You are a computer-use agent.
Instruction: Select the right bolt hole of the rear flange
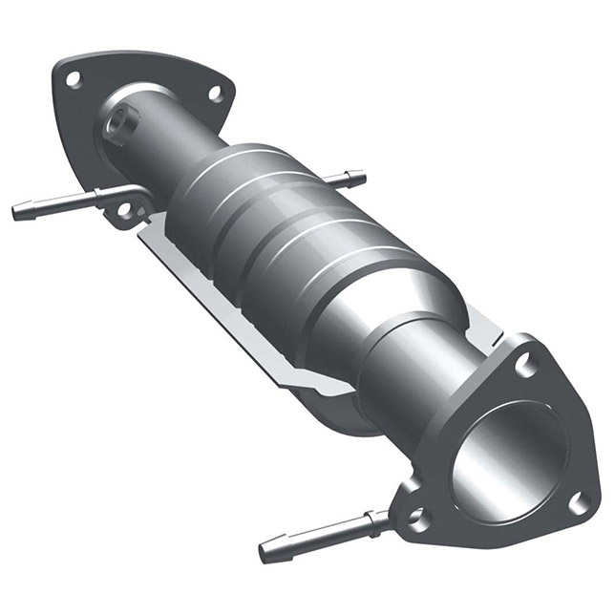click(215, 94)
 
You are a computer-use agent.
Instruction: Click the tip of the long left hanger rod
click(17, 213)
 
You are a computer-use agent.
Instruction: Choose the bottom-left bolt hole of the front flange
click(415, 517)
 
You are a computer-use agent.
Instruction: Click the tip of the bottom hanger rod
click(265, 553)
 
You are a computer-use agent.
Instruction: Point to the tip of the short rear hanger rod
click(359, 177)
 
